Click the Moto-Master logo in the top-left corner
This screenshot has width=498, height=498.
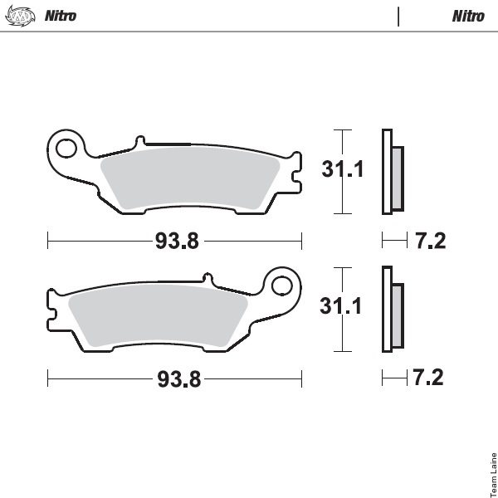click(20, 16)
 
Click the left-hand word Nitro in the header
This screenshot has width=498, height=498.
click(61, 16)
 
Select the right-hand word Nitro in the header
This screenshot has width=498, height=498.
click(468, 17)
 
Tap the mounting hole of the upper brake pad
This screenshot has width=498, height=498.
click(66, 149)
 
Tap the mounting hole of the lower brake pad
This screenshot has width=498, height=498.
click(281, 286)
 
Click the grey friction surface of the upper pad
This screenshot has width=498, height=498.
click(190, 177)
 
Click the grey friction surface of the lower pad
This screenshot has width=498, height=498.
click(158, 315)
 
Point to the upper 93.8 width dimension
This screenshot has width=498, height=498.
click(177, 241)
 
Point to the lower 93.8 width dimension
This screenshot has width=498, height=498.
click(179, 379)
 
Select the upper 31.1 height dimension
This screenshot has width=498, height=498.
click(342, 169)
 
